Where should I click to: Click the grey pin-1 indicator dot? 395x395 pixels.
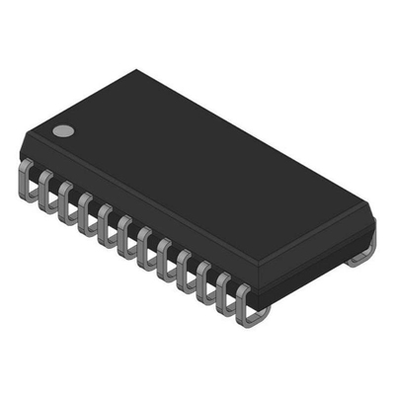point(63,129)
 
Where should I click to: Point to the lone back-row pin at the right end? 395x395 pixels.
point(361,255)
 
